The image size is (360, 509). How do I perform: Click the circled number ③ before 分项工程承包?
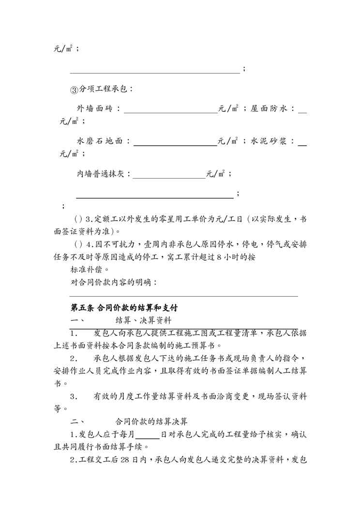74,90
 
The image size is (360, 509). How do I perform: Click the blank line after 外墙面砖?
171,111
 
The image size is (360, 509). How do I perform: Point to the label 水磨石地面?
100,141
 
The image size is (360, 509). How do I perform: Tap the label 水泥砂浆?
270,141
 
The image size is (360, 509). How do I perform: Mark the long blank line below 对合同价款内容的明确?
184,296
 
